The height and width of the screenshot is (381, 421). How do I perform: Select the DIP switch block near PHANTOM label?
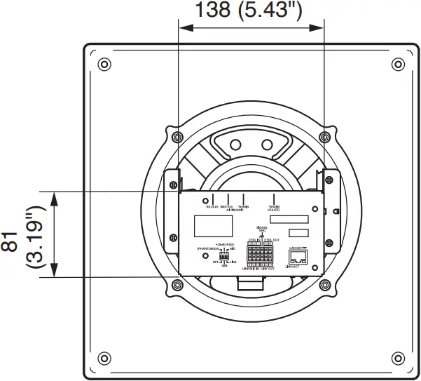(x=225, y=257)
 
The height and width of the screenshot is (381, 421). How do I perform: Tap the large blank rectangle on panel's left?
(x=214, y=225)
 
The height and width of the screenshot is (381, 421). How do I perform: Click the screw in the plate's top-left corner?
(x=104, y=65)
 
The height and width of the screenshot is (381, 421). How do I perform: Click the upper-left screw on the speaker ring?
(x=177, y=135)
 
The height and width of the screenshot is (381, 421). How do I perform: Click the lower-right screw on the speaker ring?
(x=324, y=284)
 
